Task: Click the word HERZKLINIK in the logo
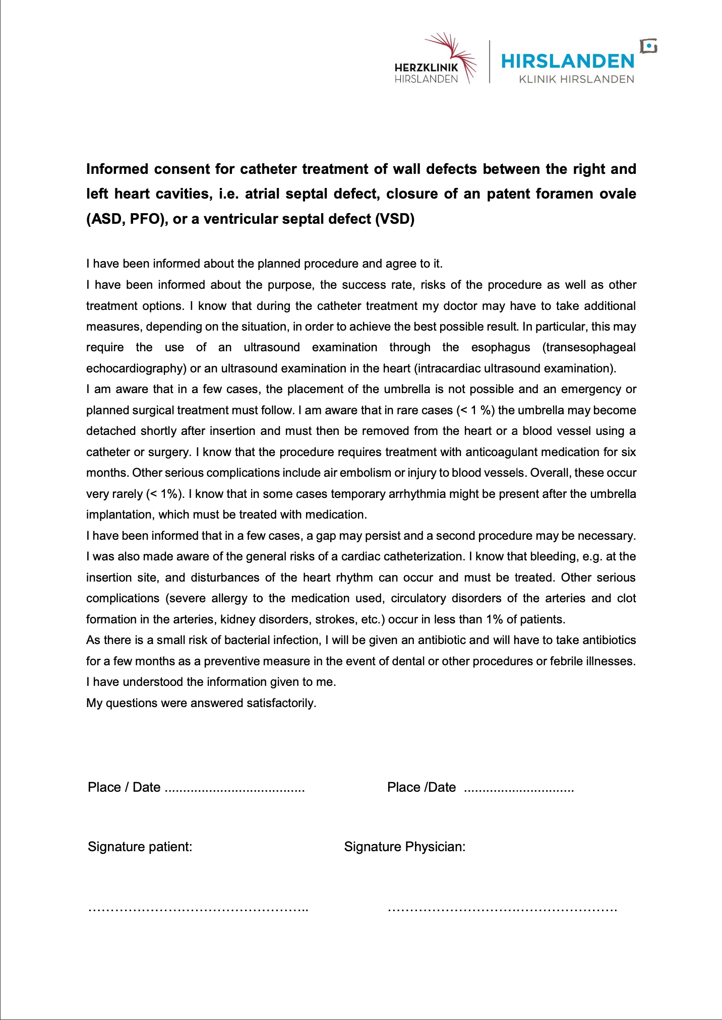point(426,68)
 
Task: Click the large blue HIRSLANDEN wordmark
point(568,61)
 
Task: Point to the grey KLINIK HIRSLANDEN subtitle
point(576,79)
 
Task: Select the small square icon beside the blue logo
point(649,46)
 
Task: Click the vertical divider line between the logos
point(490,61)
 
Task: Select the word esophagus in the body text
point(501,347)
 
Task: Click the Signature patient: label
point(140,847)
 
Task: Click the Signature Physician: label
point(404,847)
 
